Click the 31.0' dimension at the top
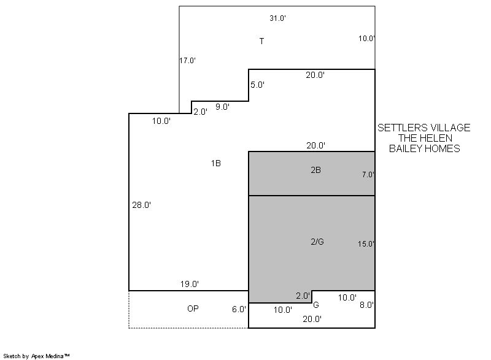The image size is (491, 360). pyautogui.click(x=278, y=18)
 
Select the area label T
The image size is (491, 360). pyautogui.click(x=261, y=41)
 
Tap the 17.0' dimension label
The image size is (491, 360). pyautogui.click(x=188, y=60)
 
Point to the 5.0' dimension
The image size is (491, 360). pyautogui.click(x=257, y=85)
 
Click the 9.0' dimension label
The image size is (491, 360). pyautogui.click(x=223, y=107)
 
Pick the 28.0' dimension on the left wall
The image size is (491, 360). pyautogui.click(x=142, y=205)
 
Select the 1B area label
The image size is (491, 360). pyautogui.click(x=216, y=163)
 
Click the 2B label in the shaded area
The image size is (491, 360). pyautogui.click(x=315, y=170)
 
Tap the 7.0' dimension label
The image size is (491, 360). pyautogui.click(x=368, y=175)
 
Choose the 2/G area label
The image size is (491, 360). pyautogui.click(x=317, y=242)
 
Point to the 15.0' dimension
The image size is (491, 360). pyautogui.click(x=366, y=243)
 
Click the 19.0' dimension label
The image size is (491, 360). pyautogui.click(x=190, y=284)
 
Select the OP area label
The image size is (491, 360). pyautogui.click(x=193, y=308)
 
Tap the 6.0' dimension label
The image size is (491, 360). pyautogui.click(x=239, y=309)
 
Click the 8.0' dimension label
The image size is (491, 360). pyautogui.click(x=366, y=305)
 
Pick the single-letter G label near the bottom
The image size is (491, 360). pyautogui.click(x=316, y=305)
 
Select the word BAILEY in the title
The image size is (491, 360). pyautogui.click(x=406, y=148)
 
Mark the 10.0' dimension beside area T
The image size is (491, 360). pyautogui.click(x=366, y=39)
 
